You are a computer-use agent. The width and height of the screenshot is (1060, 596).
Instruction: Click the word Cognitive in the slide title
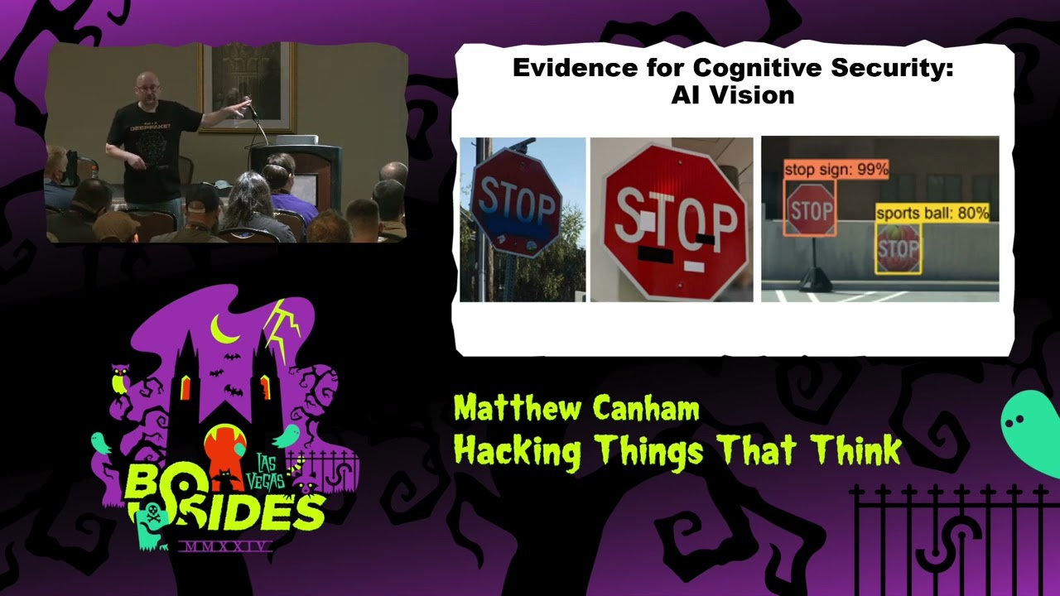733,68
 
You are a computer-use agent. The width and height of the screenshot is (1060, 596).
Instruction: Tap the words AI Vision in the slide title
733,95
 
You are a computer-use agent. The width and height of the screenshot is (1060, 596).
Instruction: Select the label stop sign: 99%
836,170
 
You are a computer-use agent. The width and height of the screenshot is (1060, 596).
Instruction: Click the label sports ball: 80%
932,213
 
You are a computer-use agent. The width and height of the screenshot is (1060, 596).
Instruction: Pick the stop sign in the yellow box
899,248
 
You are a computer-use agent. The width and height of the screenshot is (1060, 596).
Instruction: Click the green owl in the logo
120,380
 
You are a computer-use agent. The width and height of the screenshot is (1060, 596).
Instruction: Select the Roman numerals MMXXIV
225,546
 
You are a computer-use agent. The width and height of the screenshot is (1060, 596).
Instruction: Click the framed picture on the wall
247,85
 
